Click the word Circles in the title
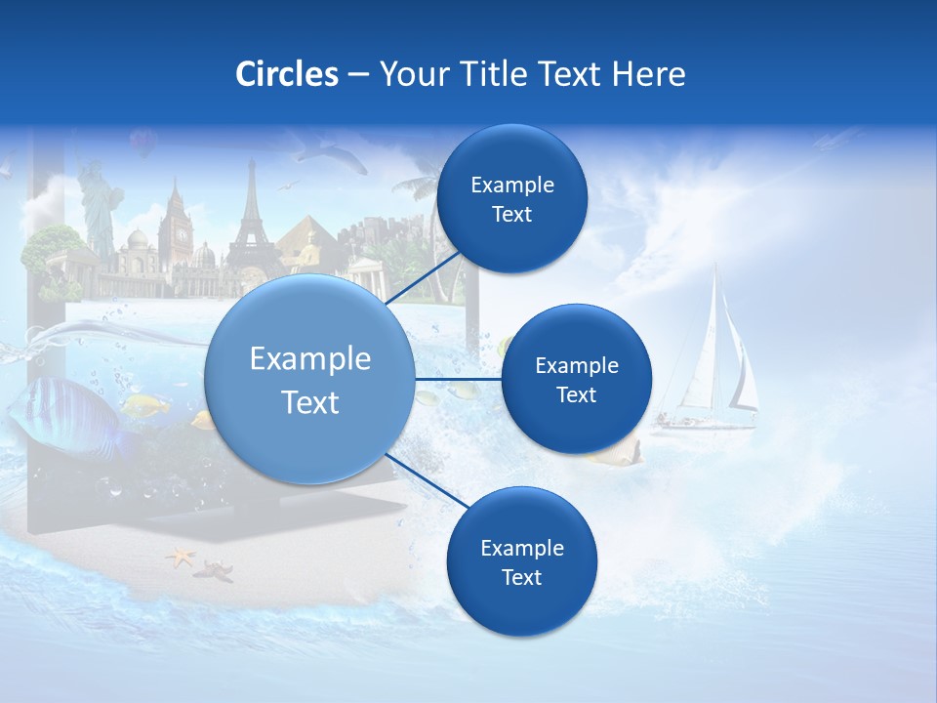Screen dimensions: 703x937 [x=286, y=73]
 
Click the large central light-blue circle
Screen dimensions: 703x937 [x=308, y=380]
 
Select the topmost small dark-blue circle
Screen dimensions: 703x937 [x=511, y=199]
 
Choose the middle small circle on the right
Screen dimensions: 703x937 [x=576, y=379]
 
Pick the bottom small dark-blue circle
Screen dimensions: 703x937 [x=521, y=561]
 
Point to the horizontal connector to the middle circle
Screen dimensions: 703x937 [x=458, y=379]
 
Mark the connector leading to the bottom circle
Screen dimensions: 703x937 [x=422, y=478]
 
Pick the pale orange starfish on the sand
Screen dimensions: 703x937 [x=181, y=558]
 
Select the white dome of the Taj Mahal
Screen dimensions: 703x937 [x=139, y=240]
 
